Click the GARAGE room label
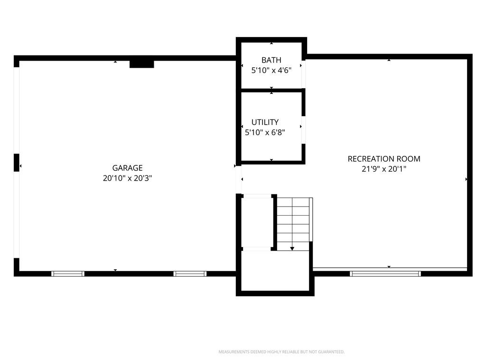point(127,168)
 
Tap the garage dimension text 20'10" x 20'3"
point(127,178)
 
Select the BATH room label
point(271,60)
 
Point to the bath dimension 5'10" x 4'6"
point(271,70)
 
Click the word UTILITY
point(265,122)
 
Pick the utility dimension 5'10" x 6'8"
point(265,133)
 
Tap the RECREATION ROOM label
point(384,159)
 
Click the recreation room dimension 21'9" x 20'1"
point(384,169)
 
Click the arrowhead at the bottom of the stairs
point(292,248)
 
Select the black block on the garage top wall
point(141,64)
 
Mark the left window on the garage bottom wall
point(67,273)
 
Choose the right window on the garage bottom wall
point(190,273)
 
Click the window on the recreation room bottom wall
point(385,273)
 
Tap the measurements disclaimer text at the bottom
point(281,352)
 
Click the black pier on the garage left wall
point(17,163)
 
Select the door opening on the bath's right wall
point(303,74)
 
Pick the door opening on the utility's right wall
point(303,130)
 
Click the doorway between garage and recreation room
point(238,180)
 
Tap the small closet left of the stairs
point(257,222)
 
